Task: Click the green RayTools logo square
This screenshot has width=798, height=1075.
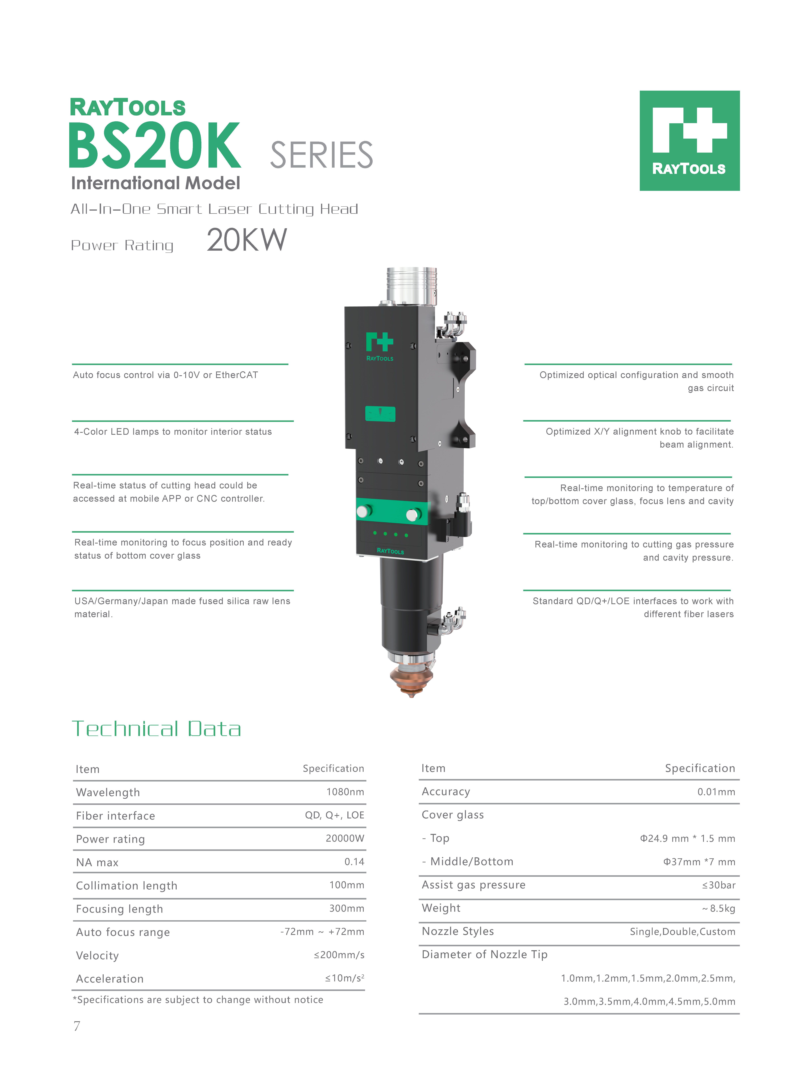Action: point(689,141)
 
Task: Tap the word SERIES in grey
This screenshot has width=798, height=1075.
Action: point(321,155)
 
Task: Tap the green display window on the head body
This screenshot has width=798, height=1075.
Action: point(380,414)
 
